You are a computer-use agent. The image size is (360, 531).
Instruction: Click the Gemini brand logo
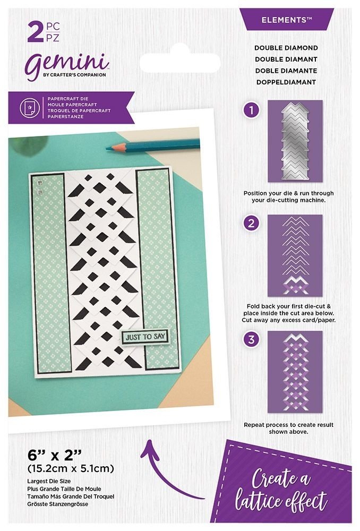pyautogui.click(x=68, y=65)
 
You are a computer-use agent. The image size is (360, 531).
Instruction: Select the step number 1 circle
pyautogui.click(x=251, y=110)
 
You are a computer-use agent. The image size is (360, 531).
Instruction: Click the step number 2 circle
pyautogui.click(x=251, y=224)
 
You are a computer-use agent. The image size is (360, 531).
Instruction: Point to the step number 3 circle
pyautogui.click(x=251, y=339)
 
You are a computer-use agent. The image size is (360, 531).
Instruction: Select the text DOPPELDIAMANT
pyautogui.click(x=286, y=82)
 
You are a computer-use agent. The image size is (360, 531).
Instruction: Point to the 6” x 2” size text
pyautogui.click(x=55, y=455)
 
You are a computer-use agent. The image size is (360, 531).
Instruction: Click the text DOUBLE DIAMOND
pyautogui.click(x=286, y=48)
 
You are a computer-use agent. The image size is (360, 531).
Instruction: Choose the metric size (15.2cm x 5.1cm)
pyautogui.click(x=71, y=469)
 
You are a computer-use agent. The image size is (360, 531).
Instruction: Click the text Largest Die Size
pyautogui.click(x=49, y=481)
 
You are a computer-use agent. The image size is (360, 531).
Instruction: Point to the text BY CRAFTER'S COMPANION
pyautogui.click(x=74, y=75)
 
